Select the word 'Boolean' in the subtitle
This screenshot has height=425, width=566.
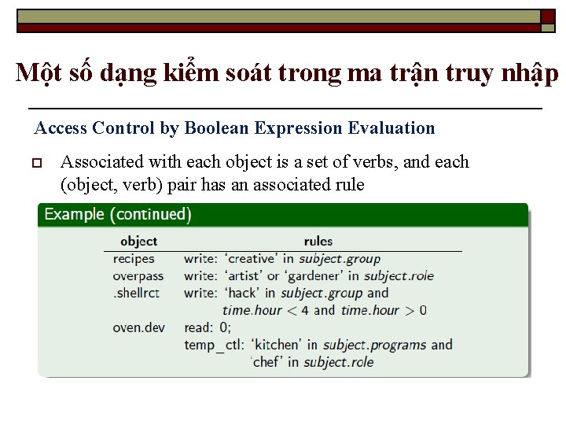pos(214,128)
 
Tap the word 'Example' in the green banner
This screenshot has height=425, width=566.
pos(74,214)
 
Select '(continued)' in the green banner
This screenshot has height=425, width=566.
pos(150,214)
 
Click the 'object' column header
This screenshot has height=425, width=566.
pos(138,241)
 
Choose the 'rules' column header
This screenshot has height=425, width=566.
pos(318,241)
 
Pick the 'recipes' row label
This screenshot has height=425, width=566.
pos(134,259)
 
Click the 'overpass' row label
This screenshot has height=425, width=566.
pos(138,275)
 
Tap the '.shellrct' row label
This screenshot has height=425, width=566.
pos(135,293)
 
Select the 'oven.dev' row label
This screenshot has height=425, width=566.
pos(138,327)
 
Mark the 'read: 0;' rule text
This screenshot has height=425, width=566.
pos(208,327)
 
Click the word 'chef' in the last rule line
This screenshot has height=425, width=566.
pos(268,362)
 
